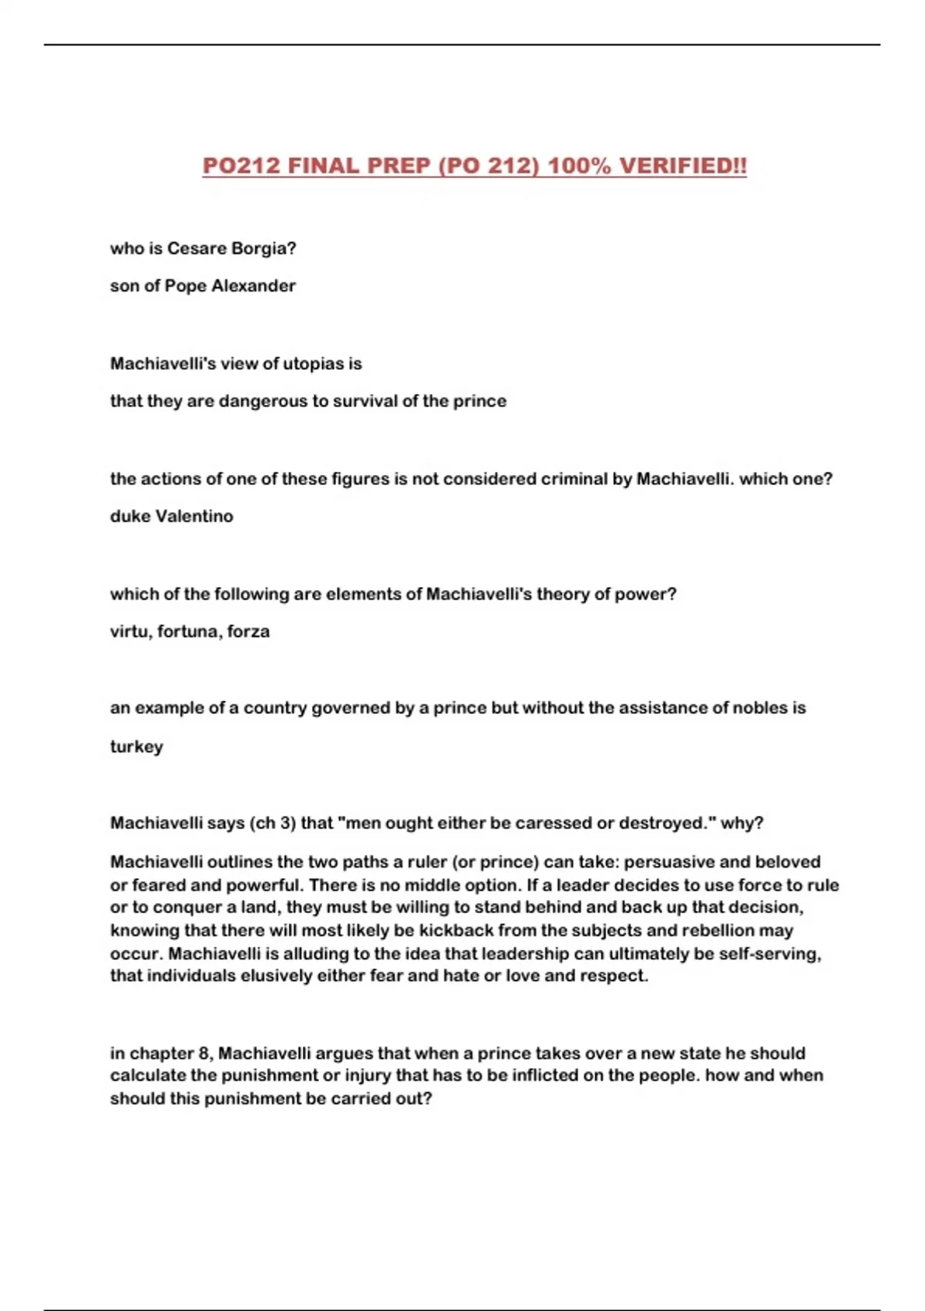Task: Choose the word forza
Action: tap(248, 632)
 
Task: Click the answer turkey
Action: tap(136, 746)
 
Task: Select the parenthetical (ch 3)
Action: tap(273, 823)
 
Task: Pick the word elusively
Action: tap(276, 976)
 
